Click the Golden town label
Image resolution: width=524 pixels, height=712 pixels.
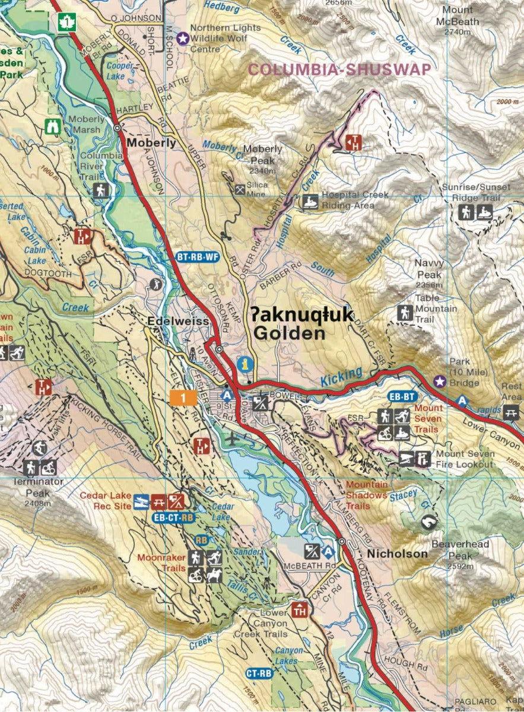[x=289, y=333]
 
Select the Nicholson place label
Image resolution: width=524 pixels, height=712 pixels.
[x=397, y=554]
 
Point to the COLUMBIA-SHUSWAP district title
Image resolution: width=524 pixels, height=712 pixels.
[x=339, y=69]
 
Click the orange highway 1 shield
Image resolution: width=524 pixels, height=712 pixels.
[x=182, y=398]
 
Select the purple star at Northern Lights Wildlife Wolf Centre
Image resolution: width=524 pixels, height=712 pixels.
[x=184, y=37]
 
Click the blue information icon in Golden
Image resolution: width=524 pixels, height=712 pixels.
[x=243, y=364]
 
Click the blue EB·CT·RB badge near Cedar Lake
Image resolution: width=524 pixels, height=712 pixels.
[x=173, y=517]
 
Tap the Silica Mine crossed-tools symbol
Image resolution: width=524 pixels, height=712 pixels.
[x=240, y=189]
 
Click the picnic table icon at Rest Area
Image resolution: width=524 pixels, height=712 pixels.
[x=511, y=412]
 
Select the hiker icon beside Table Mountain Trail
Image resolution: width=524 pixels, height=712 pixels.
[x=405, y=313]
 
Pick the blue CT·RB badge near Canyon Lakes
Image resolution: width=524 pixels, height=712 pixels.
[x=259, y=673]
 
